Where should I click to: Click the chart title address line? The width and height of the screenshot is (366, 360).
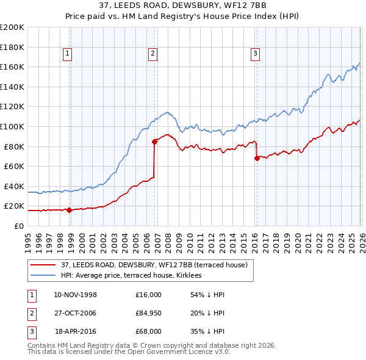[x=183, y=5]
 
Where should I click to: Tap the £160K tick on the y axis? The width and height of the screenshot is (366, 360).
[x=12, y=67]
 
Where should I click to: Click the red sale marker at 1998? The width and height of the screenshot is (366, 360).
[x=69, y=210]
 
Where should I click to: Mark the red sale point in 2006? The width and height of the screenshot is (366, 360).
[x=154, y=142]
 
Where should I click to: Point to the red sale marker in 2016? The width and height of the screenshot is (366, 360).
[x=257, y=158]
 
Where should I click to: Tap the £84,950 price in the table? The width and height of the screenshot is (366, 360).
[x=149, y=314]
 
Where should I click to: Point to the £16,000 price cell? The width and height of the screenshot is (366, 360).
[x=149, y=295]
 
